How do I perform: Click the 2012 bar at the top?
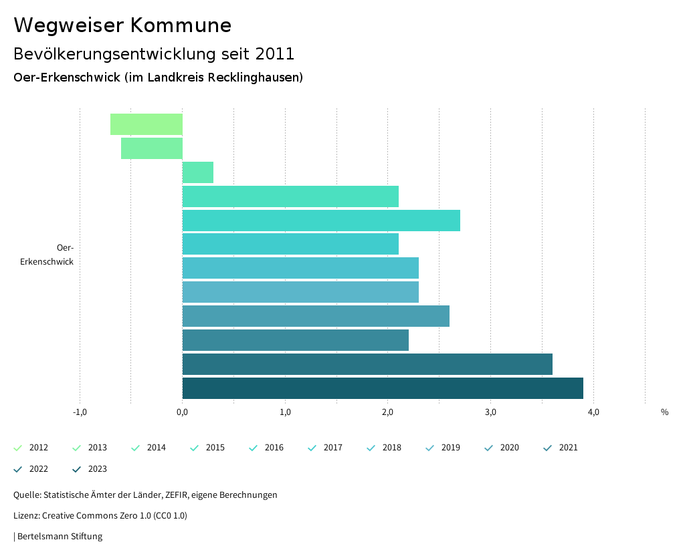click(x=146, y=124)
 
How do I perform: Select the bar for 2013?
click(x=152, y=148)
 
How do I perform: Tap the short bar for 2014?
click(x=198, y=172)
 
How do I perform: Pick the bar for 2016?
click(x=321, y=221)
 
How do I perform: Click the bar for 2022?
click(x=367, y=364)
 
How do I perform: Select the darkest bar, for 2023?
click(x=383, y=388)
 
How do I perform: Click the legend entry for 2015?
click(x=208, y=448)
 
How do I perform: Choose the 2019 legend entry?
click(x=444, y=448)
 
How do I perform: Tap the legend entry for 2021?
click(x=561, y=448)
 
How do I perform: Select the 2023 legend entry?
click(x=90, y=469)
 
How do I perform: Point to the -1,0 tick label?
click(x=80, y=412)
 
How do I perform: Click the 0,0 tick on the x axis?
click(x=182, y=412)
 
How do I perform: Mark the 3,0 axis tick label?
click(x=490, y=412)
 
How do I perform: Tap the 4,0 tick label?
click(x=593, y=412)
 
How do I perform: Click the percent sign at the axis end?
click(x=664, y=412)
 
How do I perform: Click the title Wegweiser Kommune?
click(x=122, y=25)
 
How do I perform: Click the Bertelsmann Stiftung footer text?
click(x=59, y=536)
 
